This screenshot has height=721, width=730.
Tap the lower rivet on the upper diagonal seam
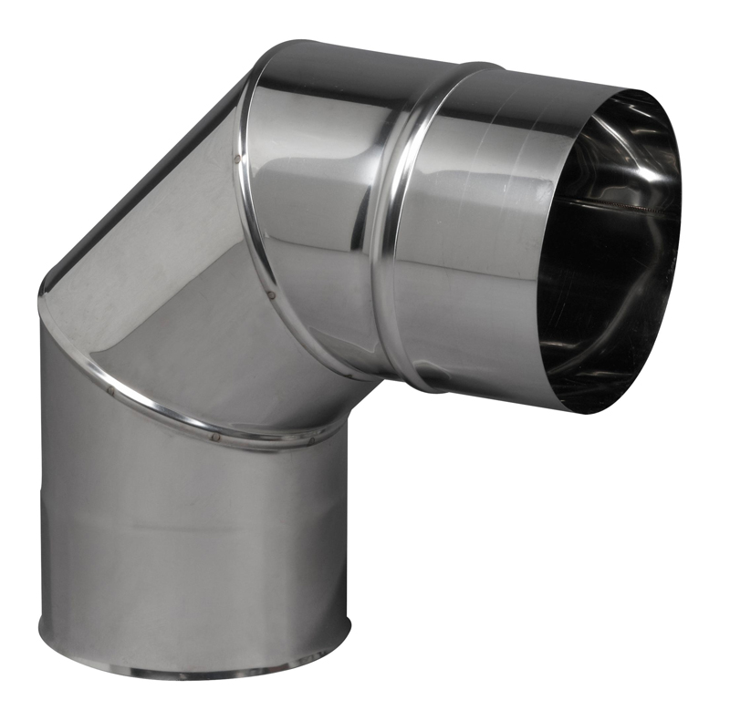click(x=273, y=294)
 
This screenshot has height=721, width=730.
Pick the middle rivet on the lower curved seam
click(x=215, y=436)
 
